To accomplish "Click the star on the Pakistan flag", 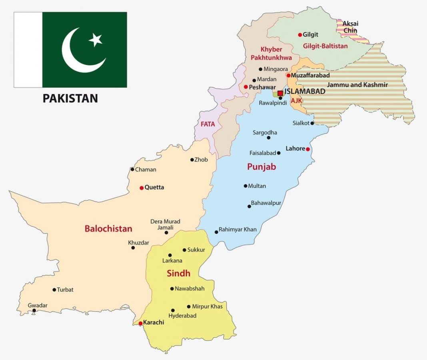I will tap(96, 40).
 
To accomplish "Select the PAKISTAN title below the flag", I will tap(70, 98).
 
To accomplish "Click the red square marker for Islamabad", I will tap(280, 93).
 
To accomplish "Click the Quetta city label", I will tap(154, 187).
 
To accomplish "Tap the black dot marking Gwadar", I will tap(34, 310).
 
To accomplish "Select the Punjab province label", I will tap(261, 167).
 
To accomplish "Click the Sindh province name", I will tap(178, 274).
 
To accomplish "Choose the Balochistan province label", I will tap(108, 229).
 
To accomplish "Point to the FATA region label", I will tap(208, 124).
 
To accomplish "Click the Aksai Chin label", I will tap(350, 27).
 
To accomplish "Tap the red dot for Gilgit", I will tap(300, 35).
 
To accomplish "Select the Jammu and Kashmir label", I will tap(357, 85).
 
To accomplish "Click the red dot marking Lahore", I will tap(308, 149).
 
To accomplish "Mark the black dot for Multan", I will tap(245, 186).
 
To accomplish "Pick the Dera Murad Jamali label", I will tap(165, 224).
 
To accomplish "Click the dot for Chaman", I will tap(132, 169).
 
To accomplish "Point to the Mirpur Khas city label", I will tap(207, 306).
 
